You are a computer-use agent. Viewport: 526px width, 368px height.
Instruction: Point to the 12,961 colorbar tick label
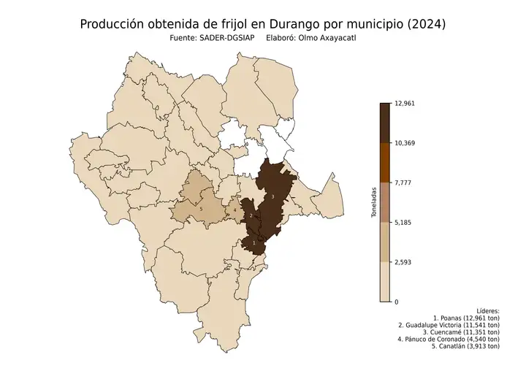(405, 103)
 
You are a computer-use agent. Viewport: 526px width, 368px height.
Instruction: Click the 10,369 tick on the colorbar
(405, 143)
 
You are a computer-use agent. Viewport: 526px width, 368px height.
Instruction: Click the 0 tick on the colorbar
(397, 302)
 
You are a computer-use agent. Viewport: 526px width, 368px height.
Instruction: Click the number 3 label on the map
(272, 197)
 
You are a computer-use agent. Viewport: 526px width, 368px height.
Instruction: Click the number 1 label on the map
(254, 242)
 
